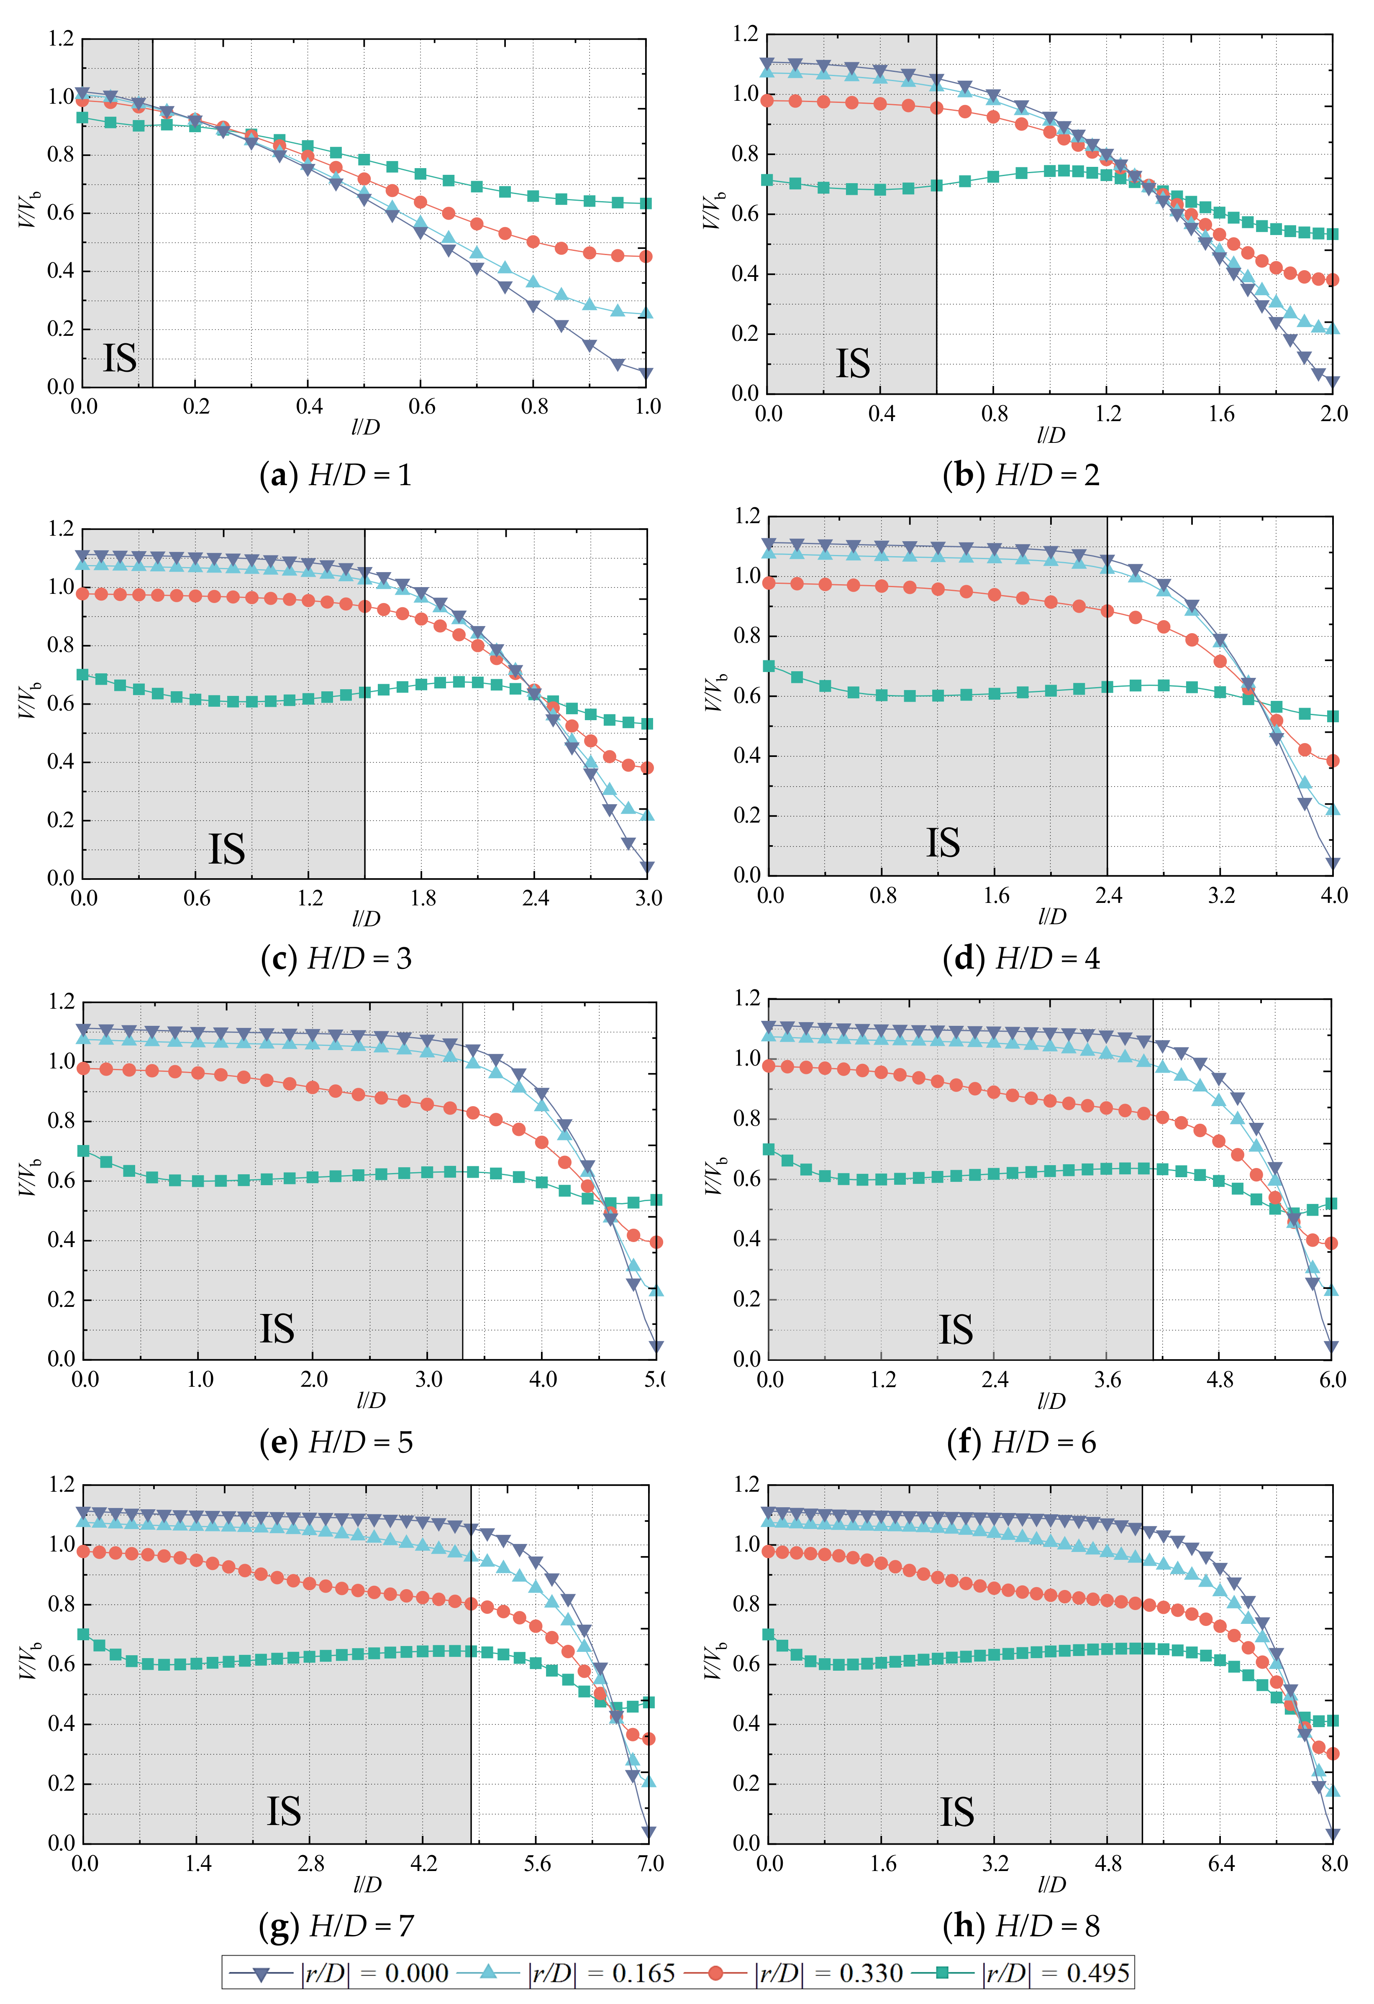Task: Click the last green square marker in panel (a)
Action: (646, 204)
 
